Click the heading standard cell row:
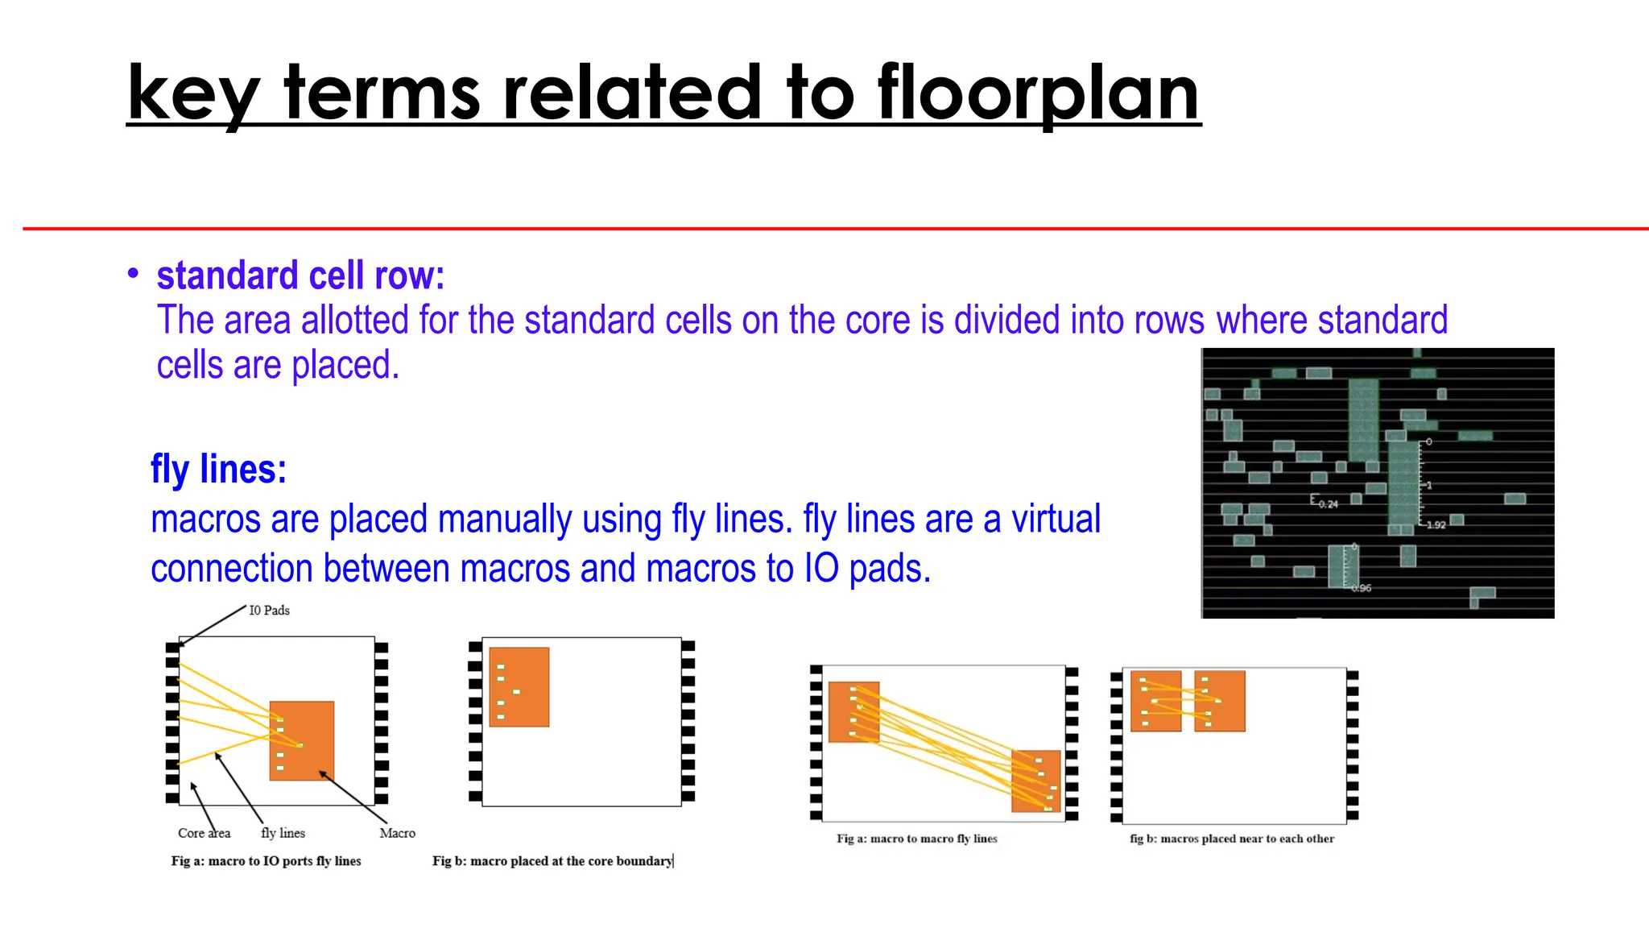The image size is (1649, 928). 300,276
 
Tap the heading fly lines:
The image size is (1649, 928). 218,470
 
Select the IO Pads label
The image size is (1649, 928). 269,611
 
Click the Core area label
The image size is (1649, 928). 204,833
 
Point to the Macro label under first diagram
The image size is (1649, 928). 397,833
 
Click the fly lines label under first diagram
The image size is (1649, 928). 283,833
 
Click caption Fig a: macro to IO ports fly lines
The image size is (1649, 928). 266,861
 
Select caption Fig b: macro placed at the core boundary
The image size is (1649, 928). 552,861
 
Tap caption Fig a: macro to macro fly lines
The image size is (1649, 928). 916,839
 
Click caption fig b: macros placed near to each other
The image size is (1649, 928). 1231,839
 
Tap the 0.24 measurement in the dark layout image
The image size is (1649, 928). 1328,504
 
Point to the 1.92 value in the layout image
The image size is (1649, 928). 1436,525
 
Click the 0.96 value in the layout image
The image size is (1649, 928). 1361,588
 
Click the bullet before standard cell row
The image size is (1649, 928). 133,274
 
